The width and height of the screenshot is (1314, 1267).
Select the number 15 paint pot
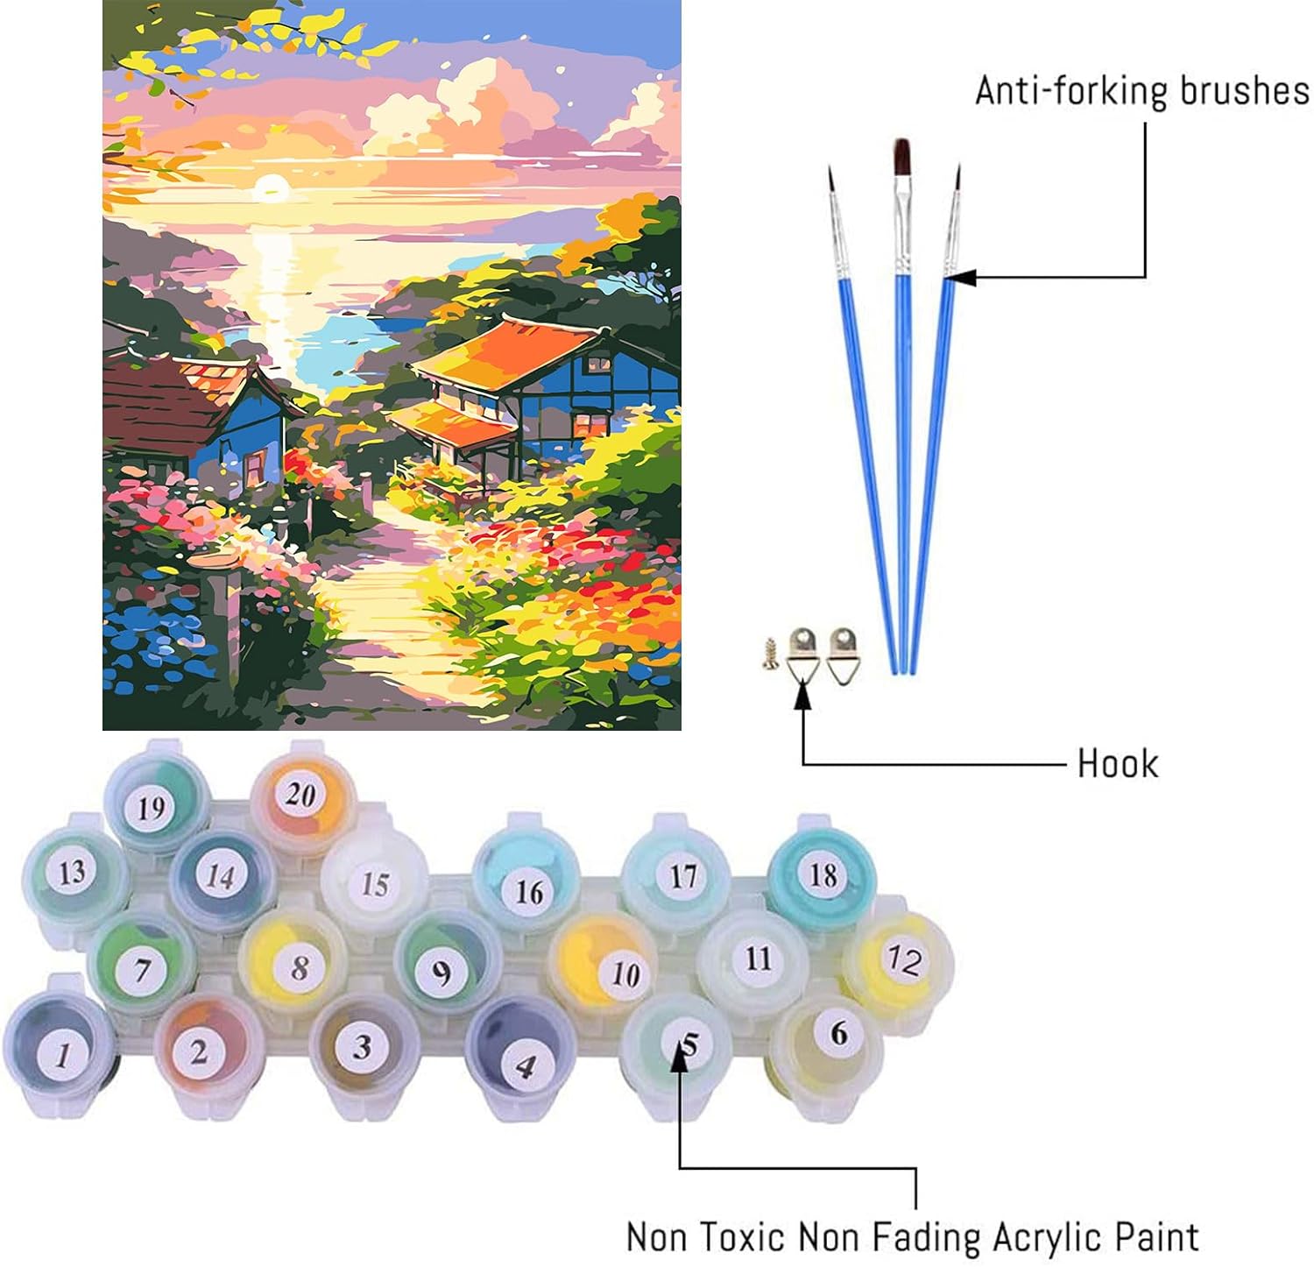[x=375, y=882]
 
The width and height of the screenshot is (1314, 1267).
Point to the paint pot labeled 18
[x=822, y=874]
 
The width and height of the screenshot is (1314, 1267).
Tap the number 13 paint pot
[x=72, y=872]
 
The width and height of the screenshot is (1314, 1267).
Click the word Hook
[x=1118, y=764]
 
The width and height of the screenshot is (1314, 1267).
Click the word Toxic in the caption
[x=735, y=1237]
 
